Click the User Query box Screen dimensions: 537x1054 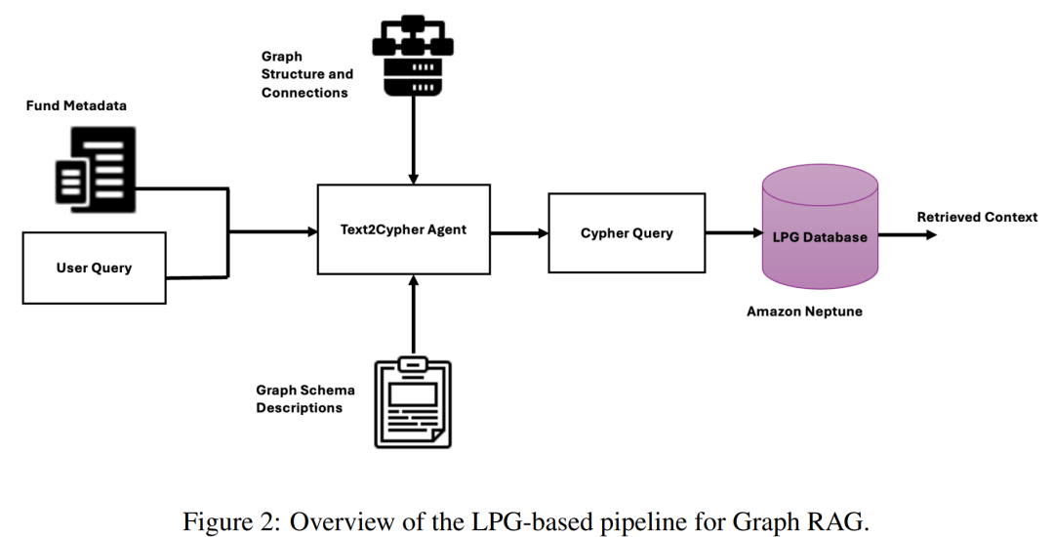pyautogui.click(x=94, y=268)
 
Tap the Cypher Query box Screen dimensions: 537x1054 pyautogui.click(x=627, y=232)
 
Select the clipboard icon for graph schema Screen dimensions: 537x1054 pyautogui.click(x=413, y=402)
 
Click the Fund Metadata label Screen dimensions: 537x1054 pyautogui.click(x=76, y=104)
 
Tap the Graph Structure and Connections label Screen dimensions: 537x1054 pyautogui.click(x=306, y=75)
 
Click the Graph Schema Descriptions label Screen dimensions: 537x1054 pyautogui.click(x=304, y=398)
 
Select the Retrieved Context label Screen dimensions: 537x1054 pyautogui.click(x=977, y=217)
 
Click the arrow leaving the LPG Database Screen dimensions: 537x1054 pyautogui.click(x=908, y=234)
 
